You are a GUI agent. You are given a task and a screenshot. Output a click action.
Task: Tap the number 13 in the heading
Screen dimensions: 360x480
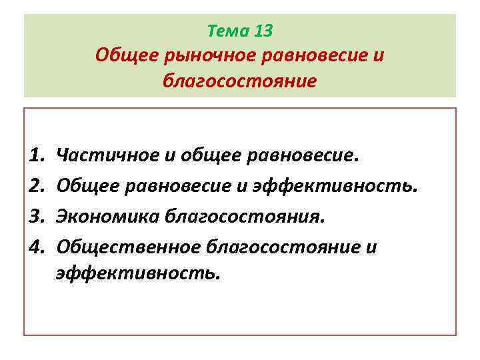point(263,31)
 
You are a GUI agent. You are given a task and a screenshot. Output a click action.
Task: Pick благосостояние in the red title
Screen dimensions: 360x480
point(240,81)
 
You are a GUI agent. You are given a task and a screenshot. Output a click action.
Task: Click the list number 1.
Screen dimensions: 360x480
point(37,155)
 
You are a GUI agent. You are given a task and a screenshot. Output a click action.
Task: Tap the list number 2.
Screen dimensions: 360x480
point(37,186)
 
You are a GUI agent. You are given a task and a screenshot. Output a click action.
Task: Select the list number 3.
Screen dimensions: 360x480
point(37,217)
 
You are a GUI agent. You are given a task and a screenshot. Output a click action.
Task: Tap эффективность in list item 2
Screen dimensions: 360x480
point(335,186)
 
